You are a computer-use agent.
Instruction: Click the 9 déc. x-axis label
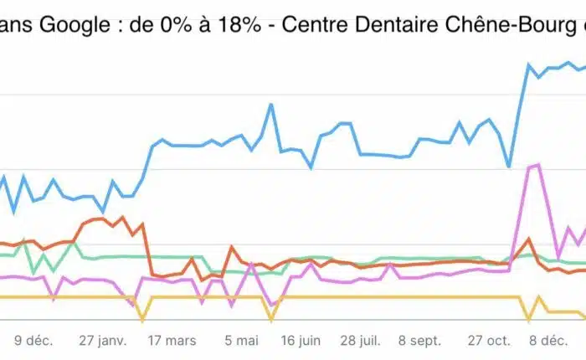33,341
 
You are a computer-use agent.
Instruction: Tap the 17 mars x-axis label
172,341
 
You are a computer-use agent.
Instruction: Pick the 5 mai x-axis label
241,341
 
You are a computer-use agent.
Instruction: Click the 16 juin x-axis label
300,341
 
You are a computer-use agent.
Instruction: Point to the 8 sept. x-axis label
419,341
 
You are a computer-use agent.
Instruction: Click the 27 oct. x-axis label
487,341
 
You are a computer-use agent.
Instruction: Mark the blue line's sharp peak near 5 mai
271,105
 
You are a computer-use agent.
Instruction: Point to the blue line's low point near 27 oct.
509,167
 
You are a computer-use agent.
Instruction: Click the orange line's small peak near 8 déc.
528,239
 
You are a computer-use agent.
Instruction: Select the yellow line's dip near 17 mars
142,319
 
